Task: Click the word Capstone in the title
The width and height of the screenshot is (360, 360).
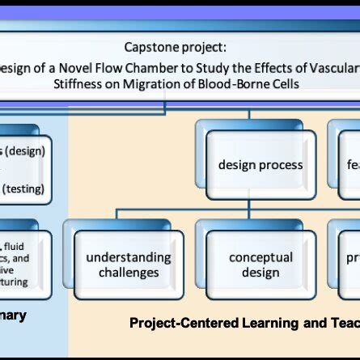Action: [152, 48]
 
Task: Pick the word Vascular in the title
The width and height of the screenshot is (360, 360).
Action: [332, 66]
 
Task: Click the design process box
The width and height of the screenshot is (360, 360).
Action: [260, 165]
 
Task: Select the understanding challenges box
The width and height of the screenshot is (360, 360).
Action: [129, 265]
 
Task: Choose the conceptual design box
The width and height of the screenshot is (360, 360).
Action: [260, 265]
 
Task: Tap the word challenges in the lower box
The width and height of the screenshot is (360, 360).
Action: [129, 273]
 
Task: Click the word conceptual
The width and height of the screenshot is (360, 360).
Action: [260, 257]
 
